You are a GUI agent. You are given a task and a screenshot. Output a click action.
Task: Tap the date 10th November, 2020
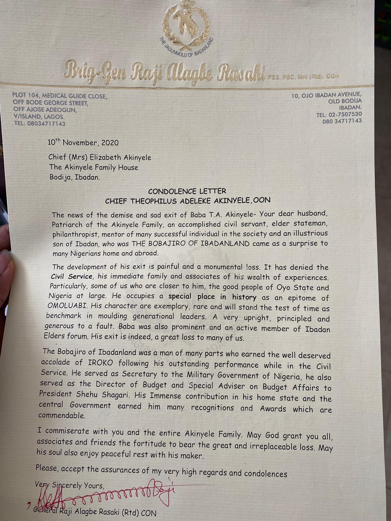coord(83,142)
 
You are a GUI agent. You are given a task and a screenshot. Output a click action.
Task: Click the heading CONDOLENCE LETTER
coord(187,191)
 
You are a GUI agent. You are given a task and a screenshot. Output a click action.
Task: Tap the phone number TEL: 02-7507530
coord(339,114)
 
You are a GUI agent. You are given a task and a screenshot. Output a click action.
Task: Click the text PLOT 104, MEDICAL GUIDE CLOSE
coord(60,96)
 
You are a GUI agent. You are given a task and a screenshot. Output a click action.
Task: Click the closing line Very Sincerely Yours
coord(69,486)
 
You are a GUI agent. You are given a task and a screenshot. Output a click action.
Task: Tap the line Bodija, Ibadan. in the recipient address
coord(75,177)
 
